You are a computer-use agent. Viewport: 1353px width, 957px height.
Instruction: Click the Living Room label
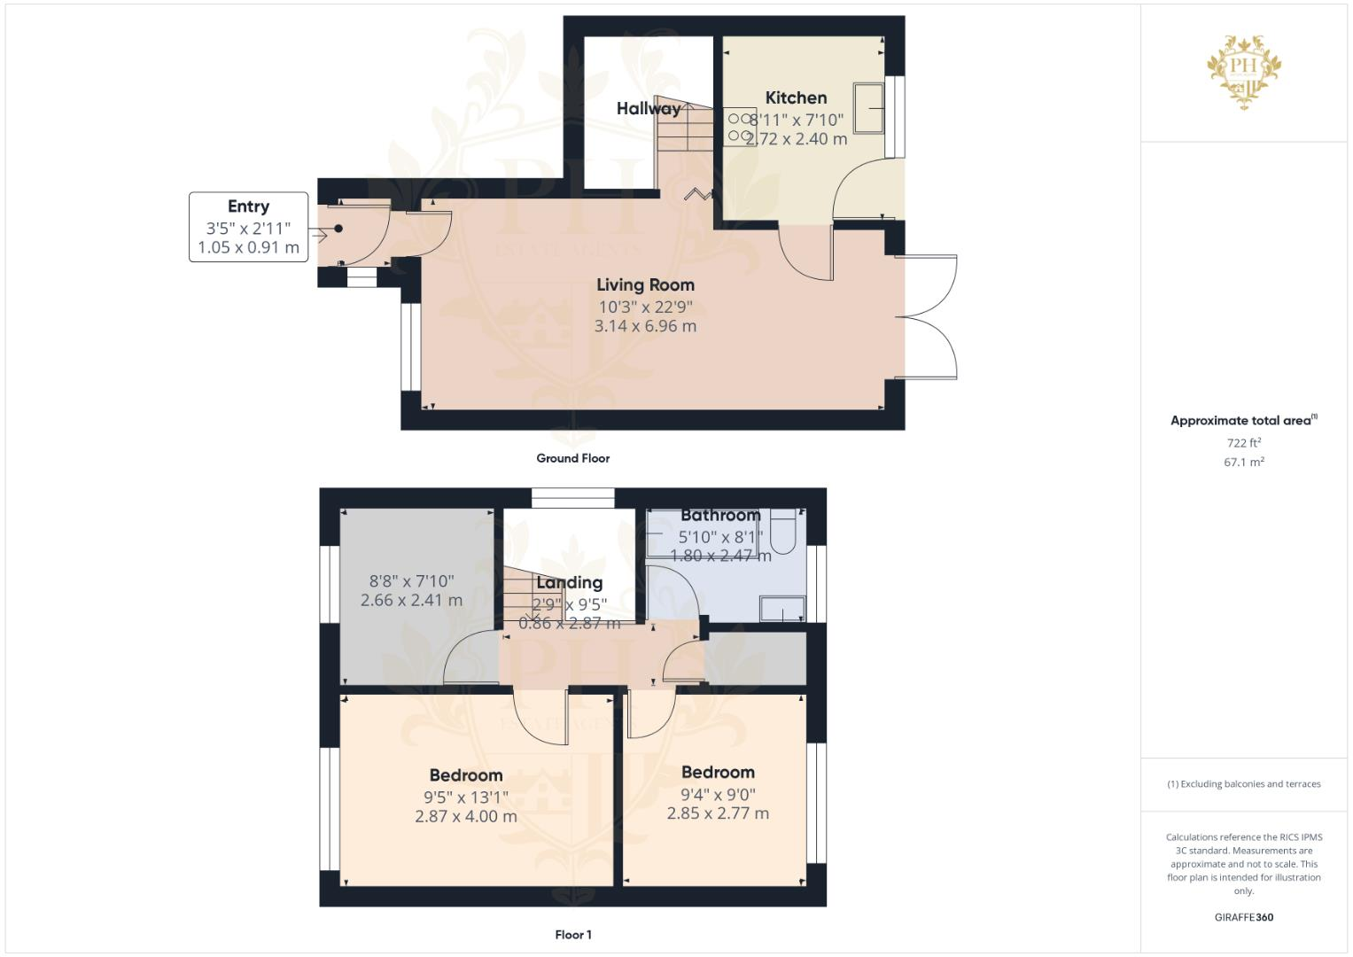[x=645, y=284]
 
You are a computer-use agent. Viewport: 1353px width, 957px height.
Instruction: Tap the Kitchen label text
[x=796, y=97]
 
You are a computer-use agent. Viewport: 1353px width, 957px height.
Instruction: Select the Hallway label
[x=648, y=108]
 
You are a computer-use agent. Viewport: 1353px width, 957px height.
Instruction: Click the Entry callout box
[x=248, y=227]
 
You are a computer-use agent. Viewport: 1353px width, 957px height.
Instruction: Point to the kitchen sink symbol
[x=868, y=107]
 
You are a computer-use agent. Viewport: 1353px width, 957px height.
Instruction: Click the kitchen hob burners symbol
[x=739, y=127]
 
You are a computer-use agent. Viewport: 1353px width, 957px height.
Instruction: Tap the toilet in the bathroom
[x=784, y=530]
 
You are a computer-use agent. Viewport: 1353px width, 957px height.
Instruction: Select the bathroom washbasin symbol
[x=782, y=609]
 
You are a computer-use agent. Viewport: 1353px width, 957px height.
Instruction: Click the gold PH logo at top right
[x=1244, y=72]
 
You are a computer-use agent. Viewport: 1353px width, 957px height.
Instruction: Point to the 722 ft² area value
[x=1243, y=442]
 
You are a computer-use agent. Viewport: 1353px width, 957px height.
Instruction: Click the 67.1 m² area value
[x=1243, y=462]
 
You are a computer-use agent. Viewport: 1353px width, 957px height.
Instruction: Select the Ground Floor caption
[x=572, y=458]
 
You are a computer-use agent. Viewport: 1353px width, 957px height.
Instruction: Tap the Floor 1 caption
[x=572, y=934]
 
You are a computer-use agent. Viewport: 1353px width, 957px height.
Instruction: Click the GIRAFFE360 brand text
[x=1243, y=917]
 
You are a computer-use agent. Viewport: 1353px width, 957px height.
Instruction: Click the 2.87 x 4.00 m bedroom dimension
[x=465, y=816]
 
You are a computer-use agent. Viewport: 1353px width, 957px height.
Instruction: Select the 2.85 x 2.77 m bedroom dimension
[x=718, y=813]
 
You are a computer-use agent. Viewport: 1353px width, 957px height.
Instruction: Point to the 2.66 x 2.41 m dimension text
[x=411, y=600]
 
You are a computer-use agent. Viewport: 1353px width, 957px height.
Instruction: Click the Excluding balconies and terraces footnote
[x=1243, y=783]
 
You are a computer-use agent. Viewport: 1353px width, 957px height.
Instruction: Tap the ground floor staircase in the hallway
[x=683, y=142]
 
